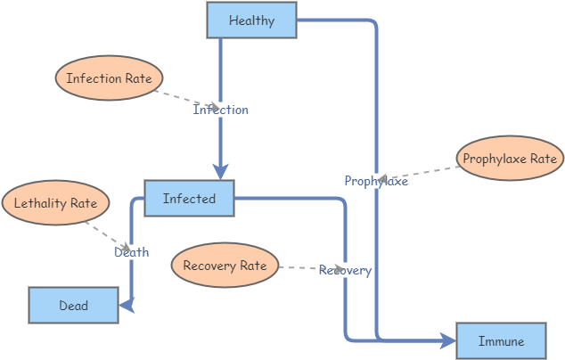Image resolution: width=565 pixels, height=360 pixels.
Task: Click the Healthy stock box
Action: tap(251, 20)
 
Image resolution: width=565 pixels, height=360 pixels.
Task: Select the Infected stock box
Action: tap(189, 199)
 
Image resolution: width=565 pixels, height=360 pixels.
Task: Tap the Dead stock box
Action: tap(73, 306)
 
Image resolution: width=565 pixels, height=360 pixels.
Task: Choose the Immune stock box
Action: tap(501, 341)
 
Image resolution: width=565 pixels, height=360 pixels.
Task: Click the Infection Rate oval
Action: tap(109, 78)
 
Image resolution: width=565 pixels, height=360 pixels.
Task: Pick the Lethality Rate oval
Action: tap(55, 203)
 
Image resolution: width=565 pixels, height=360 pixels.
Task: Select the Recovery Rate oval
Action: tap(225, 266)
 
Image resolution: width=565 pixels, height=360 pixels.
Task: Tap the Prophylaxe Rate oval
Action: tap(510, 159)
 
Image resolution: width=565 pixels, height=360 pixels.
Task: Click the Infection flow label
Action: tap(221, 110)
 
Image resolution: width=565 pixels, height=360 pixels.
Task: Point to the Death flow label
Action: tap(132, 252)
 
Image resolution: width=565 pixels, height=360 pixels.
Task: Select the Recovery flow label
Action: tap(345, 270)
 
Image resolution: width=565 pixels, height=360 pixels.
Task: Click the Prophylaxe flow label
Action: tap(376, 181)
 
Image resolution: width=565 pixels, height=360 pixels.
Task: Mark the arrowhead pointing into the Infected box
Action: tap(221, 171)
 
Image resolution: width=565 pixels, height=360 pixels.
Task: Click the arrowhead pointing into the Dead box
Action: tap(127, 306)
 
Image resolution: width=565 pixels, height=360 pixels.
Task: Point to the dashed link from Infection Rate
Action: tap(183, 98)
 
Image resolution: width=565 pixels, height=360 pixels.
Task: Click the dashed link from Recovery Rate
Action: tap(299, 267)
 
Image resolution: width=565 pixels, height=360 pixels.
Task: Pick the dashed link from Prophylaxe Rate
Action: tap(419, 171)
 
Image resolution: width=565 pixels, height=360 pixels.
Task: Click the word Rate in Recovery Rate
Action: tap(253, 266)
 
